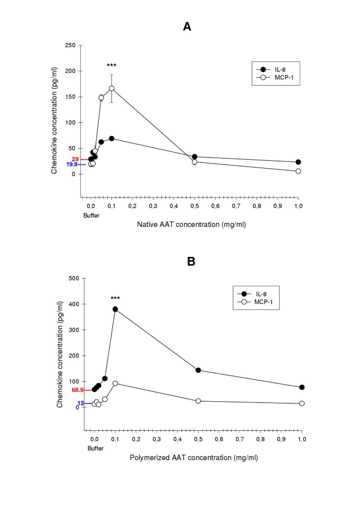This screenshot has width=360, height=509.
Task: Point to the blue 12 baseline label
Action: [80, 403]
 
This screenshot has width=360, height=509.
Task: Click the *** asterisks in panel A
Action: [111, 66]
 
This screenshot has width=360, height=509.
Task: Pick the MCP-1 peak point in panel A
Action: [111, 88]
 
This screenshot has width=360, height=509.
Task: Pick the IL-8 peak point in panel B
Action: [115, 309]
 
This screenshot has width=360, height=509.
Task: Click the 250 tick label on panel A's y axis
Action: [70, 45]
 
